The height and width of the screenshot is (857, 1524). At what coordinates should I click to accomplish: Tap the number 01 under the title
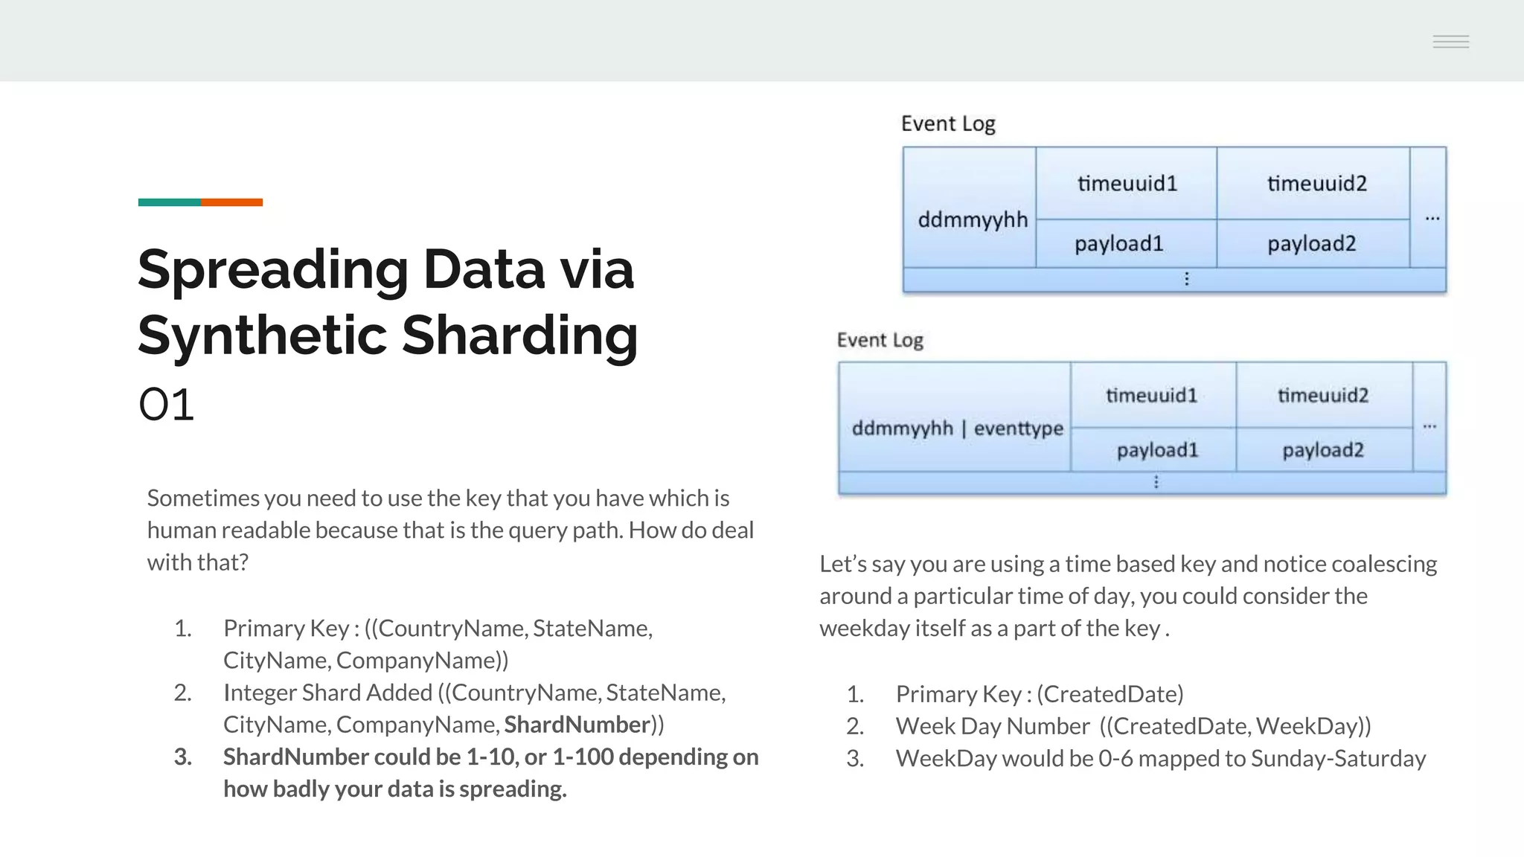[167, 405]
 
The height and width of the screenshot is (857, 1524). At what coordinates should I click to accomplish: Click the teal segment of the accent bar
[169, 202]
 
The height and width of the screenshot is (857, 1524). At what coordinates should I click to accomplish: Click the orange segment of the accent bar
[231, 202]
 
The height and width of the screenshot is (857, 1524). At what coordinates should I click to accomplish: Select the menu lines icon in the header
[1450, 42]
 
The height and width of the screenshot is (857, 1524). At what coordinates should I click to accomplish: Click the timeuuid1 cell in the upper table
[1127, 184]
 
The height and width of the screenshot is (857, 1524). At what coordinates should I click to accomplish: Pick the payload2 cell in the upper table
[1312, 244]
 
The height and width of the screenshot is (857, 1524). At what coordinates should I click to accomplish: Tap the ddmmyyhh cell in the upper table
[972, 220]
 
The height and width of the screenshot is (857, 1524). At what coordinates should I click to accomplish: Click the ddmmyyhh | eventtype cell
[957, 428]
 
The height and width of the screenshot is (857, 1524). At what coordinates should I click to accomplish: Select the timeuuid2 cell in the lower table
[1323, 395]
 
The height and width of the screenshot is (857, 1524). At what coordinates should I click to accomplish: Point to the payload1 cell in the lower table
[1157, 450]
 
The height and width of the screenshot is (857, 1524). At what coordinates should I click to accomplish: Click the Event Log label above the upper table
[948, 123]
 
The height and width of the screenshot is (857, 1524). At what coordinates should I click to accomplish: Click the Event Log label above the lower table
[880, 341]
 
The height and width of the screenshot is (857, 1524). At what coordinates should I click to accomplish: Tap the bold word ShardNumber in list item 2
[577, 725]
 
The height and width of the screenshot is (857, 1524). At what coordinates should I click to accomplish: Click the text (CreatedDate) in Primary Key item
[1110, 694]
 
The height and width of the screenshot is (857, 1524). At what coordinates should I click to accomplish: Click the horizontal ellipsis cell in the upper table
[1432, 219]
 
